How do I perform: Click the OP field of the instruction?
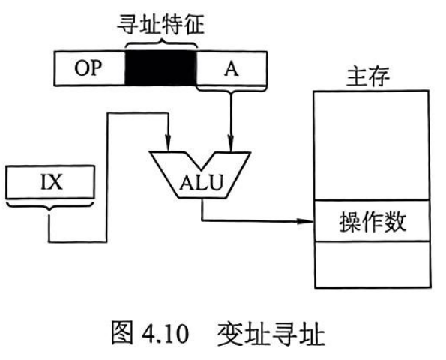[x=90, y=68]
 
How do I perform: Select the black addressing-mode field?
[x=160, y=68]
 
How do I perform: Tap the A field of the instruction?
[x=232, y=68]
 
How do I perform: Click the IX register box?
[x=50, y=182]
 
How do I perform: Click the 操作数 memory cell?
[x=372, y=220]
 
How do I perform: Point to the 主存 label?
[x=368, y=76]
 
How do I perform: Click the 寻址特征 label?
[x=161, y=25]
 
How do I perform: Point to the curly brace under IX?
[x=49, y=205]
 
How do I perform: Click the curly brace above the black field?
[x=161, y=44]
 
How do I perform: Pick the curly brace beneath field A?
[x=232, y=89]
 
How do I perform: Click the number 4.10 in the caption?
[x=165, y=333]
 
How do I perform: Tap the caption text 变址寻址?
[x=271, y=333]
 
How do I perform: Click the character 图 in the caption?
[x=121, y=333]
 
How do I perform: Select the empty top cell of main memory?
[x=371, y=145]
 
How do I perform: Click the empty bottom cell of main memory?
[x=373, y=265]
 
